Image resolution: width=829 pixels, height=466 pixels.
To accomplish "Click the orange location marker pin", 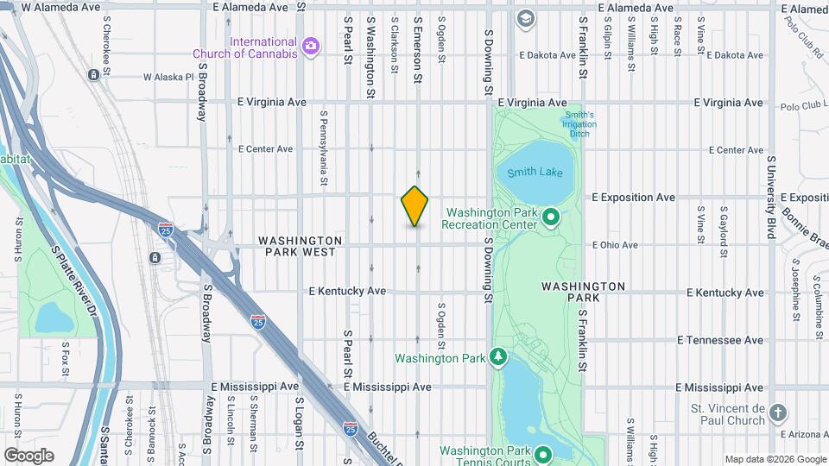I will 415,206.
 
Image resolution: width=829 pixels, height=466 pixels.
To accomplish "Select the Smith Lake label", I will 535,172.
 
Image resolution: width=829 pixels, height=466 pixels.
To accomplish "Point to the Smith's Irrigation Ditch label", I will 579,124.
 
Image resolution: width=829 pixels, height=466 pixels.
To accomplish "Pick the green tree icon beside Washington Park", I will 497,356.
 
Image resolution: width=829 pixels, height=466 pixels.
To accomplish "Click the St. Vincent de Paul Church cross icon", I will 777,413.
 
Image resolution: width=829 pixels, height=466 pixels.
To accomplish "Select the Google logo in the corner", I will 28,455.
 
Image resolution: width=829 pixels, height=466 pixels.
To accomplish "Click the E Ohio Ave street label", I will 615,245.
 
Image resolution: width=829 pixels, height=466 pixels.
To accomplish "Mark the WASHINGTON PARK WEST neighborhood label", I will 300,246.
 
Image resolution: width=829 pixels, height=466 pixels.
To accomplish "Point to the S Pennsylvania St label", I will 324,148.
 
